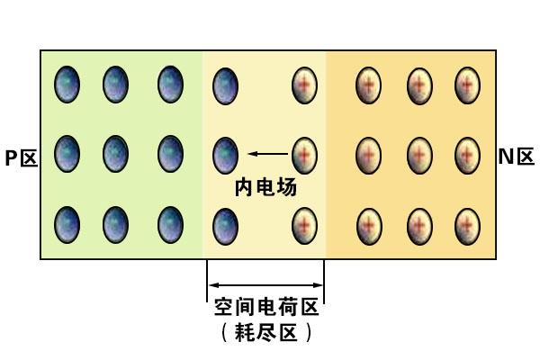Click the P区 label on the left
point(21,158)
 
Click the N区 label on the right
point(517,157)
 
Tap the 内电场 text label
point(265,187)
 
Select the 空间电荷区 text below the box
point(266,307)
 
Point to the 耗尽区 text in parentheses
point(266,332)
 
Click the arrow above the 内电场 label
point(268,154)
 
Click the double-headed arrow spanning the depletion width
point(265,285)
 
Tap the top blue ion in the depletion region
point(226,85)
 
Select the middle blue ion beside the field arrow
point(226,156)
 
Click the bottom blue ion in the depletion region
point(226,226)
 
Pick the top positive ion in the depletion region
point(304,85)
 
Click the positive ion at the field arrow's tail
point(304,156)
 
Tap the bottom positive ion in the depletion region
point(304,226)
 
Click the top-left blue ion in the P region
point(67,85)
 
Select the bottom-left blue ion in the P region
point(67,225)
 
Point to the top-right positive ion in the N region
point(467,85)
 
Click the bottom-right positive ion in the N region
point(467,226)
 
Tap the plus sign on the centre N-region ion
point(419,155)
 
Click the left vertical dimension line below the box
point(207,280)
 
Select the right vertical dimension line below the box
point(324,281)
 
